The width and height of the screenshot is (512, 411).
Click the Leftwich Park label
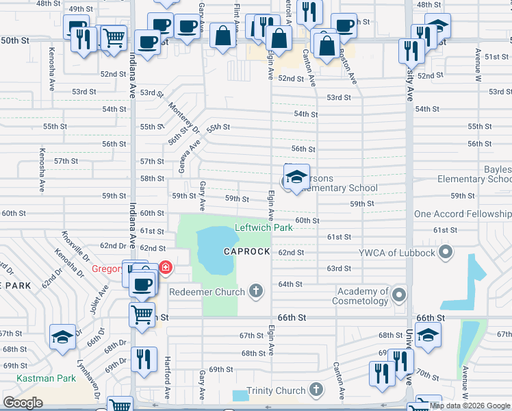pos(264,227)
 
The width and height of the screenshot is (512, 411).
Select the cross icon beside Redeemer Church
pos(256,292)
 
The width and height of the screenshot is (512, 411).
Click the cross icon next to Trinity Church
pos(315,390)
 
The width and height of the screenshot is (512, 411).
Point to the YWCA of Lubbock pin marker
pos(446,253)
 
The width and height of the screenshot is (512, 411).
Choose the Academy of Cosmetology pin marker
pos(399,296)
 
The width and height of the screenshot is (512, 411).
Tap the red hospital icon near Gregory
pos(165,267)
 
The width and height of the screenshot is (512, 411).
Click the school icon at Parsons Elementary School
pos(296,177)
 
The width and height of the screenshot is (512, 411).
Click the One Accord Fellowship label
pos(463,214)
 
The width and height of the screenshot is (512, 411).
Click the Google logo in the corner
pos(23,403)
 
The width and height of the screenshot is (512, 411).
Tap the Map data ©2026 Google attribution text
pos(470,406)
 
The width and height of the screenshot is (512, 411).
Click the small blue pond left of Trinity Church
pos(240,395)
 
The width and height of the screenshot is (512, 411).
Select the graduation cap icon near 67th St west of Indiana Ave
pos(62,338)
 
